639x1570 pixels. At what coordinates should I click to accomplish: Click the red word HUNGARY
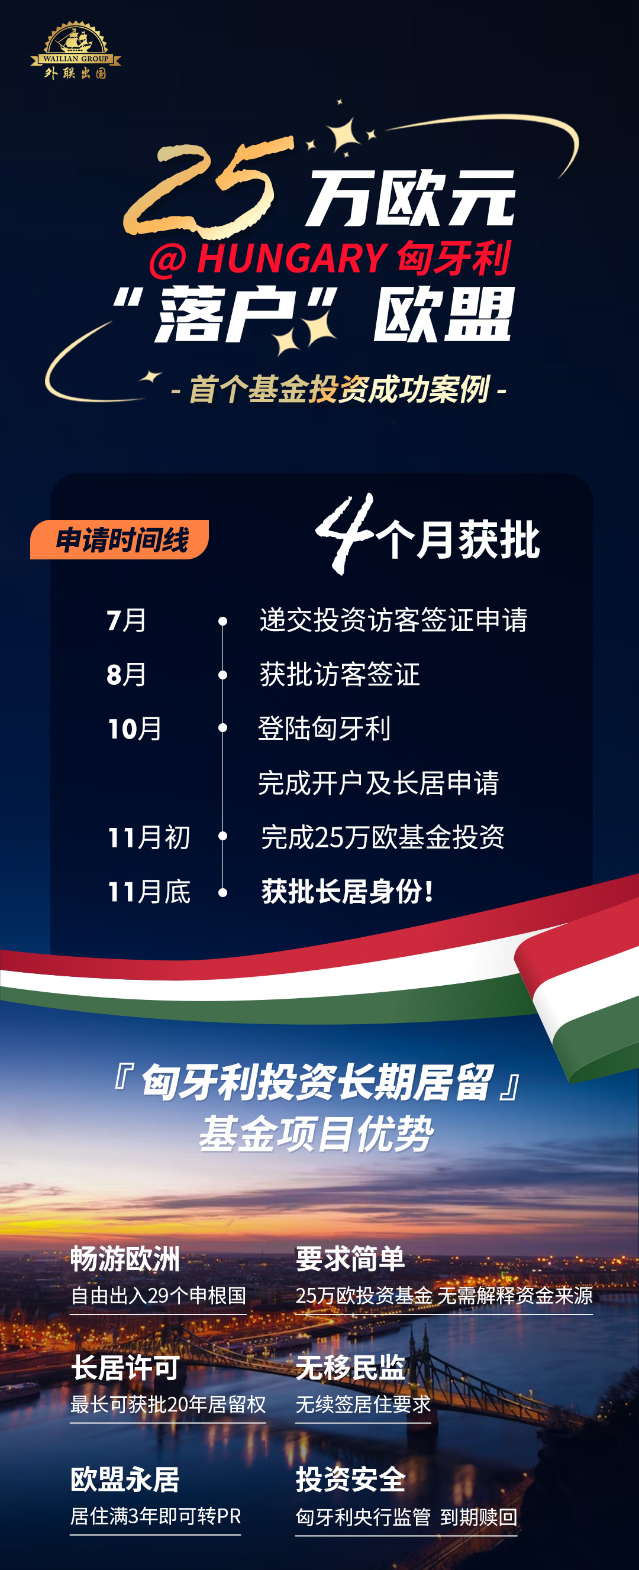pyautogui.click(x=292, y=258)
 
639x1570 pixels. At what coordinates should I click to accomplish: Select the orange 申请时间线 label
pyautogui.click(x=121, y=540)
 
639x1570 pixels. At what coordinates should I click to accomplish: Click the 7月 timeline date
pyautogui.click(x=126, y=620)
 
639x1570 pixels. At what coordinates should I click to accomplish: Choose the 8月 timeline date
pyautogui.click(x=126, y=675)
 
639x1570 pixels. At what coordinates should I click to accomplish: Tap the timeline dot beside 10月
pyautogui.click(x=223, y=729)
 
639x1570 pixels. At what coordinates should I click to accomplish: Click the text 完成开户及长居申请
pyautogui.click(x=378, y=783)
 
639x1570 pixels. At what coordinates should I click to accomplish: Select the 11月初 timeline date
pyautogui.click(x=149, y=837)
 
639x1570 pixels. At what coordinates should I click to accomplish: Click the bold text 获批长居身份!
pyautogui.click(x=348, y=892)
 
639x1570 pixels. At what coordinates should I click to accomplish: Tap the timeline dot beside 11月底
pyautogui.click(x=223, y=892)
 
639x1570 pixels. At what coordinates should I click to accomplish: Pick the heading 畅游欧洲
pyautogui.click(x=125, y=1259)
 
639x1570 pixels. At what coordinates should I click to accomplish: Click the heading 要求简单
pyautogui.click(x=350, y=1259)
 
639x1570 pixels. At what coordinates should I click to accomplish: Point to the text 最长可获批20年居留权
pyautogui.click(x=167, y=1404)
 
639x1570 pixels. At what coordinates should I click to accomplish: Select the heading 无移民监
pyautogui.click(x=350, y=1368)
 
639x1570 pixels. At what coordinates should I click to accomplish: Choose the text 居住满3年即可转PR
pyautogui.click(x=156, y=1516)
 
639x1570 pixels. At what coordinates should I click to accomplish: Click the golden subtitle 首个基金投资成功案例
pyautogui.click(x=339, y=389)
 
